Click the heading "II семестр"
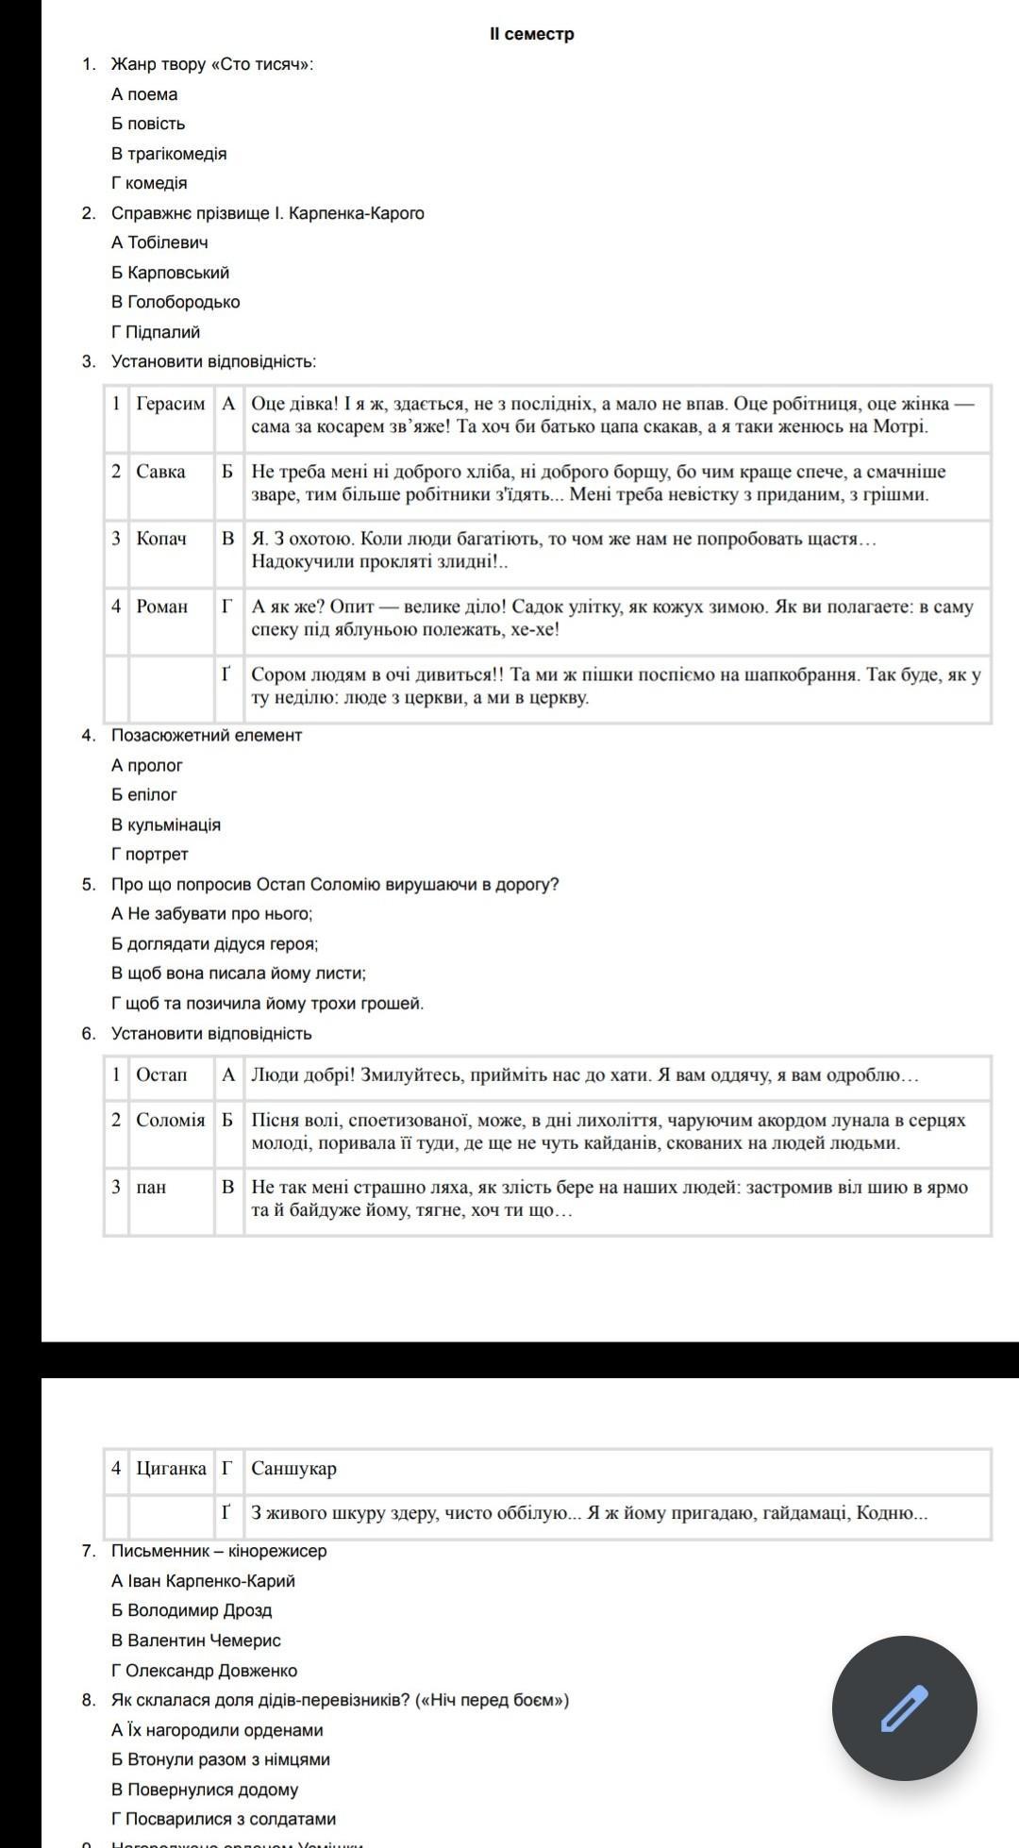[x=531, y=34]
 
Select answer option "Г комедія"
[x=149, y=183]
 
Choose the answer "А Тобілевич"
[x=159, y=242]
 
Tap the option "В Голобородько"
[x=175, y=302]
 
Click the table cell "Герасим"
[x=170, y=404]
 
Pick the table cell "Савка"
[x=160, y=472]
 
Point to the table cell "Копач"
[x=161, y=539]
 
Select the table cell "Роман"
[x=161, y=607]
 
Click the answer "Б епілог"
[x=144, y=794]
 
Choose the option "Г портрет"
[x=150, y=854]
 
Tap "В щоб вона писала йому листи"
[x=239, y=973]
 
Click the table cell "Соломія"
[x=170, y=1120]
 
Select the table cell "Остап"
[x=161, y=1074]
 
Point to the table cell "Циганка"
[x=171, y=1468]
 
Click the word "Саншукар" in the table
[x=293, y=1468]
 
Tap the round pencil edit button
[x=904, y=1707]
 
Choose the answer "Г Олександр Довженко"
[x=204, y=1670]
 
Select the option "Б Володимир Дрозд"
[x=192, y=1610]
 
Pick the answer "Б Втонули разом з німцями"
[x=221, y=1759]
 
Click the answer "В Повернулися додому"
[x=205, y=1790]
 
